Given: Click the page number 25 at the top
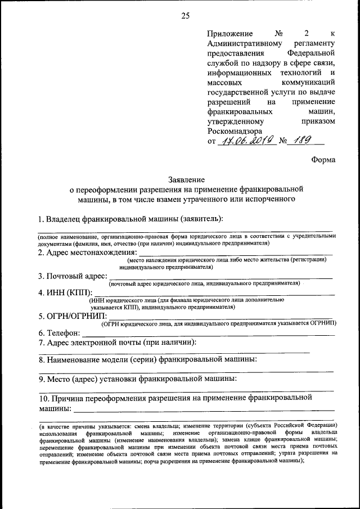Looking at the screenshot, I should click(185, 15).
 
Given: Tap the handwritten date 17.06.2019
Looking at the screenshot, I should click(247, 141).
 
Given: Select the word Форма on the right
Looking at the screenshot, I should click(323, 160).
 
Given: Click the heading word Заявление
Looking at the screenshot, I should click(186, 180).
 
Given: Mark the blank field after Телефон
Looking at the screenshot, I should click(208, 335).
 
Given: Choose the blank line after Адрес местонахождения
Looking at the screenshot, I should click(238, 254).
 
